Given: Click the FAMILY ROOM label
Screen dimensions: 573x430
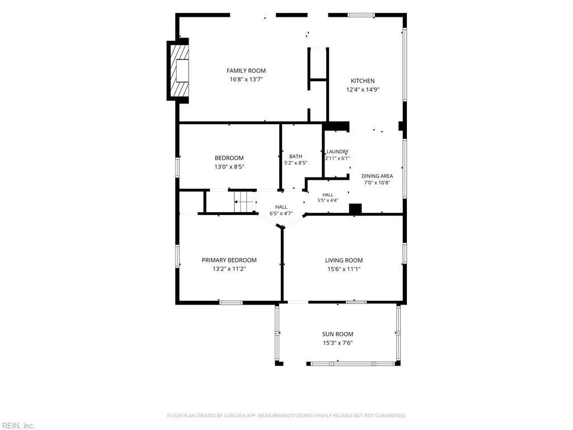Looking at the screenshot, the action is pos(246,71).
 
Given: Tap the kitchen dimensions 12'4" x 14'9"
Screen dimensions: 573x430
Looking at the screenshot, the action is pos(363,90).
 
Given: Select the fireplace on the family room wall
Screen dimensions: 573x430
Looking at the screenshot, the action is pos(178,70).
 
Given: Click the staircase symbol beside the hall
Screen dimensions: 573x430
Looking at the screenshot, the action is pos(245,202).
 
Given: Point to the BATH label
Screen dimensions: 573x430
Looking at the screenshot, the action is pos(295,157).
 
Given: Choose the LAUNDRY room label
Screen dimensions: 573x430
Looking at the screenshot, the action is pos(337,151).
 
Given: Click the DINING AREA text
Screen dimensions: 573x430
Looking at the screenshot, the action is pos(377,176).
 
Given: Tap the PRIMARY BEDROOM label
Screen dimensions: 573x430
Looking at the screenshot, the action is pos(229,260).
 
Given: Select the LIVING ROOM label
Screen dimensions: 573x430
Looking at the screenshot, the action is pos(344,260).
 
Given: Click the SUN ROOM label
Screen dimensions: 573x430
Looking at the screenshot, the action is pos(337,334).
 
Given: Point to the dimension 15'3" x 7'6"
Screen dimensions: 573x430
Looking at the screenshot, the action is pos(337,343).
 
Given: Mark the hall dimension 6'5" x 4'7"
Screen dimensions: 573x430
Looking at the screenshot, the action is pos(281,213).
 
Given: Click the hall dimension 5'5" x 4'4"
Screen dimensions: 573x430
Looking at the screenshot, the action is pos(328,200).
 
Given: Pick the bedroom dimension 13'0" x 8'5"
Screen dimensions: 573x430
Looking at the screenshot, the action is pos(229,167).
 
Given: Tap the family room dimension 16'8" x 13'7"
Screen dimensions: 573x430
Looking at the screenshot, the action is pos(246,80).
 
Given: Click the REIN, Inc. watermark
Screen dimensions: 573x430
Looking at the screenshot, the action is pos(17,426).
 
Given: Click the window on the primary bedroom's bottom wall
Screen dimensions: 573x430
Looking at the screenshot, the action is pos(231,302).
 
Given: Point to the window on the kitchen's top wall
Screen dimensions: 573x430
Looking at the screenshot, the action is pos(361,15).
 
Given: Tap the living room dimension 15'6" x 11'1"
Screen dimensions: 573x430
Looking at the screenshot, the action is pos(344,269).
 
